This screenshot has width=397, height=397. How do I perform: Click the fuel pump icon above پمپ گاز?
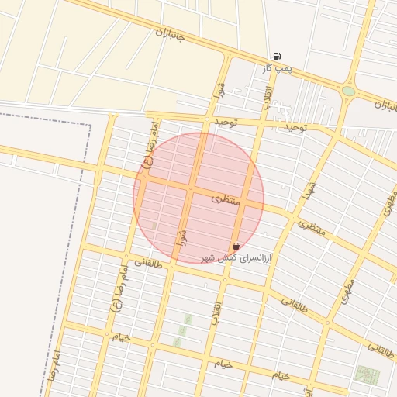click(x=277, y=56)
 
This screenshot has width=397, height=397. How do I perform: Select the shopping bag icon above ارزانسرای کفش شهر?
click(x=236, y=246)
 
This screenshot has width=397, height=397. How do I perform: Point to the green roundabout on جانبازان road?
click(x=349, y=91)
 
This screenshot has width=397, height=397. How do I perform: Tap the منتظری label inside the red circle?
click(x=226, y=199)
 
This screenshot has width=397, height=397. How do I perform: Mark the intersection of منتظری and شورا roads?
click(x=190, y=188)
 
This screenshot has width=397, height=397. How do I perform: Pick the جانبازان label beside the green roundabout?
click(x=385, y=105)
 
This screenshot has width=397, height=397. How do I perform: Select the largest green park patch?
click(x=368, y=375)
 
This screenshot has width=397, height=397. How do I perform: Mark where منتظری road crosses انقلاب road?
click(x=246, y=202)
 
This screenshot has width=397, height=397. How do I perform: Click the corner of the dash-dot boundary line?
click(x=90, y=125)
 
